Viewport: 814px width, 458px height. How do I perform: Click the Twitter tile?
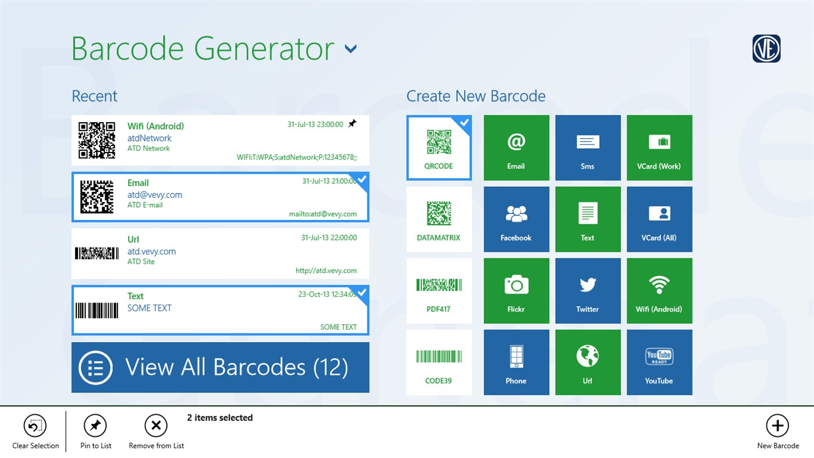(x=588, y=290)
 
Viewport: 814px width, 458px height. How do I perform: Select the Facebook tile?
(x=516, y=219)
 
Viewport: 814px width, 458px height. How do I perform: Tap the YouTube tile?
(x=659, y=362)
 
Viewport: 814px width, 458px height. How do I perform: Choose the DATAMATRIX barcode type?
(x=439, y=219)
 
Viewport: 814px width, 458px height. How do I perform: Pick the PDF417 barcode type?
(x=439, y=290)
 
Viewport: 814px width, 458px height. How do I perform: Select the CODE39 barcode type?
(x=439, y=362)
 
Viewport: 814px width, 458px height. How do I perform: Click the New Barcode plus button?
(x=777, y=426)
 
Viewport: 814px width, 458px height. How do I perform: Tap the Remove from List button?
(x=156, y=426)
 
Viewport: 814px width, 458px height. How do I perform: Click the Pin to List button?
(x=95, y=426)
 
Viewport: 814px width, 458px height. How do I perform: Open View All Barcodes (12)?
(x=220, y=367)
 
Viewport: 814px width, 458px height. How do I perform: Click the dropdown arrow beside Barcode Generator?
(x=350, y=49)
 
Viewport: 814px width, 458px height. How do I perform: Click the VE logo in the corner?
(x=766, y=49)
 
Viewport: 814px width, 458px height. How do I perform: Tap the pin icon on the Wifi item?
(x=352, y=124)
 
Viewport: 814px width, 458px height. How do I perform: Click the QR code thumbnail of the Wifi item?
(x=97, y=140)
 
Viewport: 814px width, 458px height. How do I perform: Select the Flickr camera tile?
(x=516, y=290)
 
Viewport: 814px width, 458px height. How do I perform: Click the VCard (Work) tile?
(x=659, y=147)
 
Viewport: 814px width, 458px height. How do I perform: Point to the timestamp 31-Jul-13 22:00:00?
(x=329, y=237)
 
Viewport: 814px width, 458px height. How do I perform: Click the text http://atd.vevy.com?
(x=326, y=271)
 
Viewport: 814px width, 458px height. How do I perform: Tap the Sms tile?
(x=588, y=147)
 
